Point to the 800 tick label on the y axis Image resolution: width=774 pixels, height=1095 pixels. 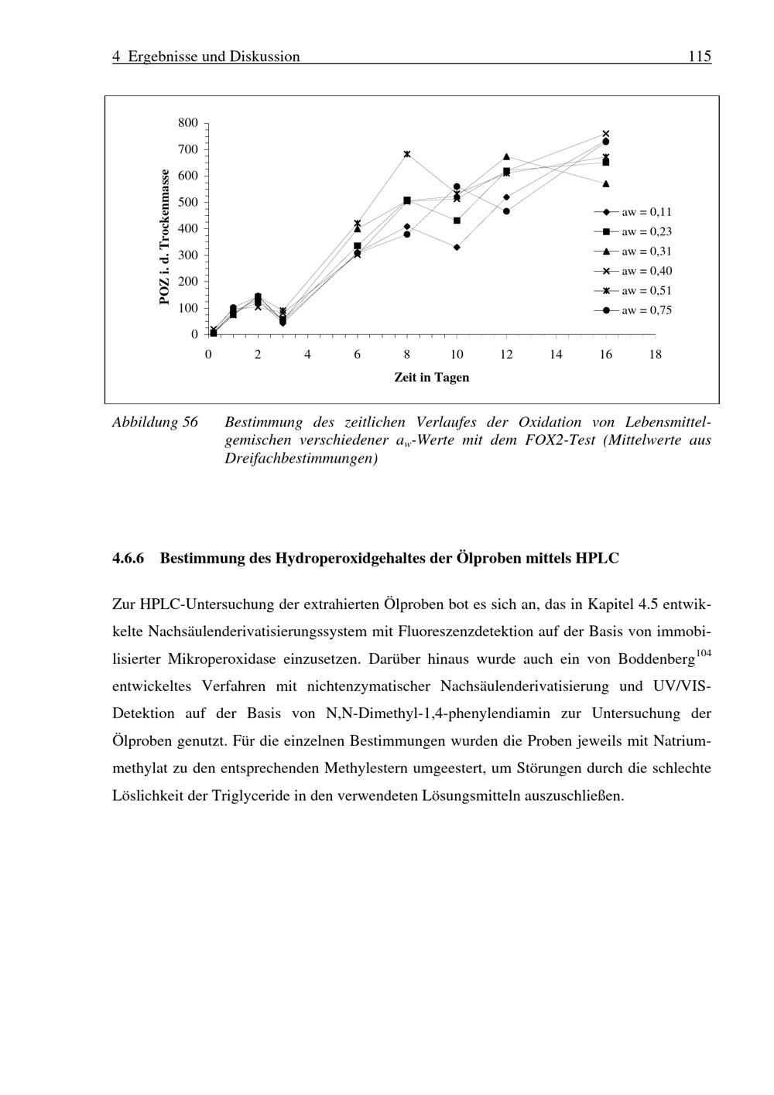[x=188, y=122]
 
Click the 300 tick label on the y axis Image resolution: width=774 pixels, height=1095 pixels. [x=188, y=255]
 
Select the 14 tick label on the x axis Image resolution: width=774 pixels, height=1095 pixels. [x=556, y=354]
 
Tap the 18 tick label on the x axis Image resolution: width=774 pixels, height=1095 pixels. [x=655, y=354]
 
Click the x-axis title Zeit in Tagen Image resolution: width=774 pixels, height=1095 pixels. [x=431, y=378]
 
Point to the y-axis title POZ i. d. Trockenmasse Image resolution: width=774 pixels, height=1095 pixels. [x=164, y=237]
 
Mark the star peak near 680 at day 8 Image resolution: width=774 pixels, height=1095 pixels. [x=407, y=154]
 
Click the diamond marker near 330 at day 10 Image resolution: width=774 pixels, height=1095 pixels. [x=457, y=248]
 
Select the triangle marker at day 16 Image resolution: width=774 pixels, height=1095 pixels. [x=606, y=184]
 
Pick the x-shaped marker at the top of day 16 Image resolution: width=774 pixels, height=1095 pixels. [x=606, y=134]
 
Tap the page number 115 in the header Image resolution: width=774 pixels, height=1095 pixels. [x=699, y=56]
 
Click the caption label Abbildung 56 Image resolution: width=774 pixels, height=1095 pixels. [x=155, y=423]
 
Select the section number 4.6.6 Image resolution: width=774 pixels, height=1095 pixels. [x=128, y=558]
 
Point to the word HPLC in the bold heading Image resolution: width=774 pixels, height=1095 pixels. [x=598, y=558]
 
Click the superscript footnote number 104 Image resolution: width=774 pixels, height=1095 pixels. [x=703, y=654]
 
